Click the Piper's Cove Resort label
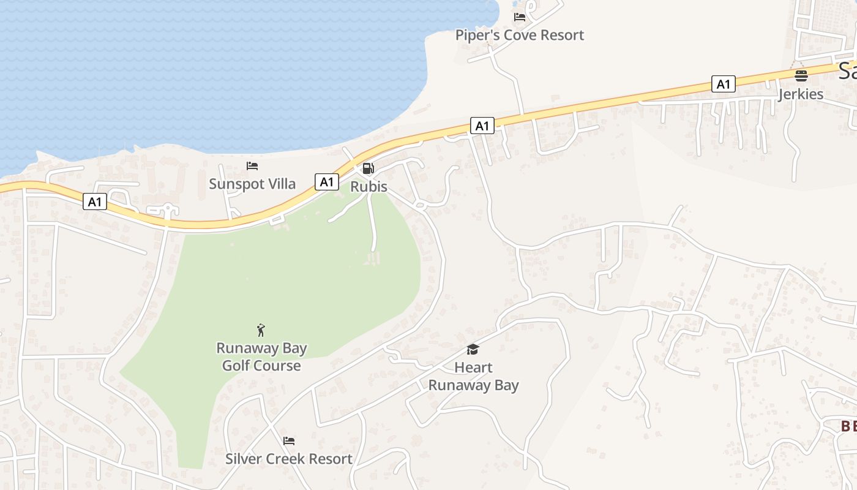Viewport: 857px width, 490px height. pos(520,35)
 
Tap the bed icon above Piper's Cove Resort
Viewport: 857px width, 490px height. pos(520,17)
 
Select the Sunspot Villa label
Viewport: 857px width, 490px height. pos(252,184)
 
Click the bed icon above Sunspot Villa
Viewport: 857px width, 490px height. pos(252,165)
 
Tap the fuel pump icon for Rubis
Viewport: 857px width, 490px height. pos(368,168)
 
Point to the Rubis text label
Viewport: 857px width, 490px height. pos(369,186)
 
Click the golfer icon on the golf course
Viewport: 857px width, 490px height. pos(261,330)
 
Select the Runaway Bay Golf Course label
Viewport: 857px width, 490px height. pos(261,356)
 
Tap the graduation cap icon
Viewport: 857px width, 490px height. pos(473,349)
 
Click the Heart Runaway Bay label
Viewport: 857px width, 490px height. pos(473,376)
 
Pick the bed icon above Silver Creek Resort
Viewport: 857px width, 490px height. pos(289,440)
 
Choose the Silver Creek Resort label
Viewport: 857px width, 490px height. pos(289,459)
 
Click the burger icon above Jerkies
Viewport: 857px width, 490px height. pos(801,76)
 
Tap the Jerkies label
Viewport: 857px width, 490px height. pos(801,94)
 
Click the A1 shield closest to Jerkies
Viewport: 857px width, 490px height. pos(724,84)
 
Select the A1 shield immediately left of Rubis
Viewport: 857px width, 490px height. pos(327,181)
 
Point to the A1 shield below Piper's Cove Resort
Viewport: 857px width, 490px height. pos(482,126)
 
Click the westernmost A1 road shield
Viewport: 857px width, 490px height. pos(95,202)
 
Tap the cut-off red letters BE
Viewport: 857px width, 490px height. pos(848,426)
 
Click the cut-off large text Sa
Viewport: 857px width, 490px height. pos(847,71)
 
